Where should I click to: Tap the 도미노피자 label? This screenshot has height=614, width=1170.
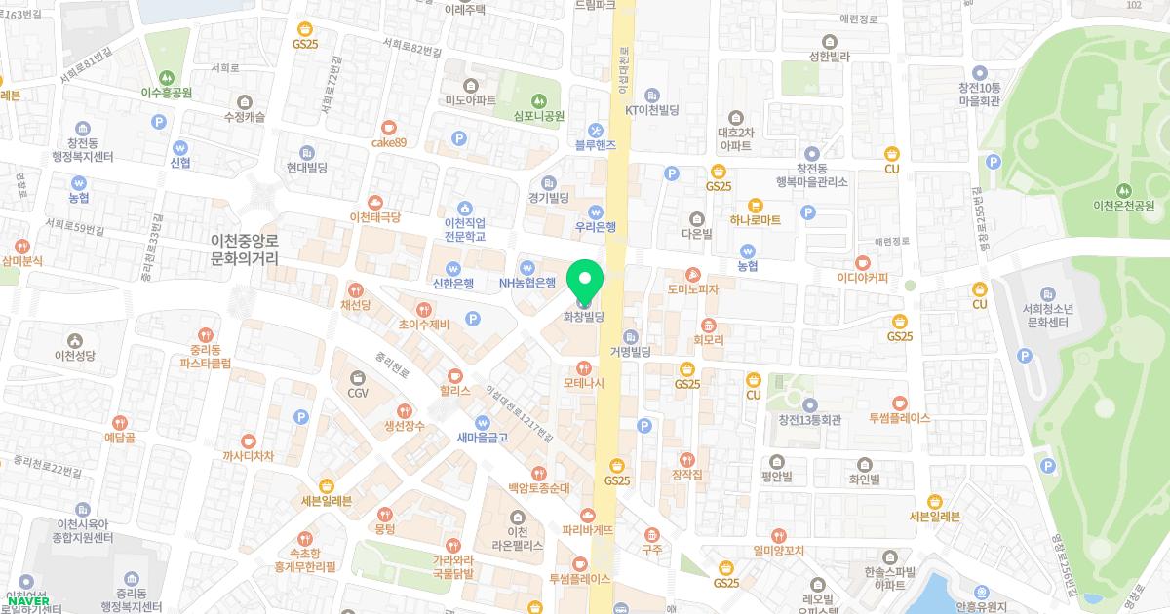tap(692, 289)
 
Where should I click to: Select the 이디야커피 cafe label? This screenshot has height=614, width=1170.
tap(863, 278)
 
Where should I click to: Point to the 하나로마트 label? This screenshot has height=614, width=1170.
tap(755, 220)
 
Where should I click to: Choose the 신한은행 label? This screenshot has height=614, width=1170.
tap(452, 284)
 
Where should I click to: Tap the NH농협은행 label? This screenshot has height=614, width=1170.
tap(526, 283)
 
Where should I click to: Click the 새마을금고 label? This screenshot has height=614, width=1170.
tap(482, 438)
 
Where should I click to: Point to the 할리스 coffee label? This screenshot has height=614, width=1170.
tap(454, 389)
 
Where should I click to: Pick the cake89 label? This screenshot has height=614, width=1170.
tap(388, 142)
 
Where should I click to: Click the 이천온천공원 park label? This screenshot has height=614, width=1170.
tap(1124, 206)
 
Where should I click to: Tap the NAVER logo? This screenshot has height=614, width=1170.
tap(28, 601)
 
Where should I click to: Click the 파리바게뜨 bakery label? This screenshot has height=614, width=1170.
tap(588, 530)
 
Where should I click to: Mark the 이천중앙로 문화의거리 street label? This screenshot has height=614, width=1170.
tap(245, 249)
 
